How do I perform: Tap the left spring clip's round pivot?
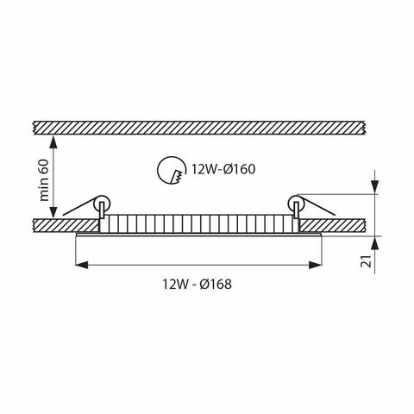103,204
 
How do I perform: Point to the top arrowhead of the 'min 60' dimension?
56,139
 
